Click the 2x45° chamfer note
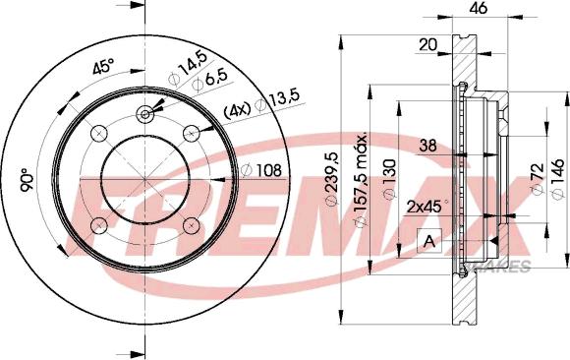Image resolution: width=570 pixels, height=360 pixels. [x=426, y=207]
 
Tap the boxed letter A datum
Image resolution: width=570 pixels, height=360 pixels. [x=428, y=241]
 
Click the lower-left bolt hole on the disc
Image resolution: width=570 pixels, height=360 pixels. [x=98, y=226]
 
